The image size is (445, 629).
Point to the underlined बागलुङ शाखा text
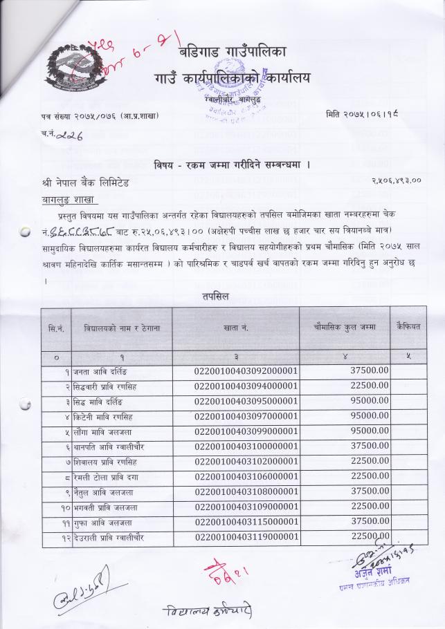67,200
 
